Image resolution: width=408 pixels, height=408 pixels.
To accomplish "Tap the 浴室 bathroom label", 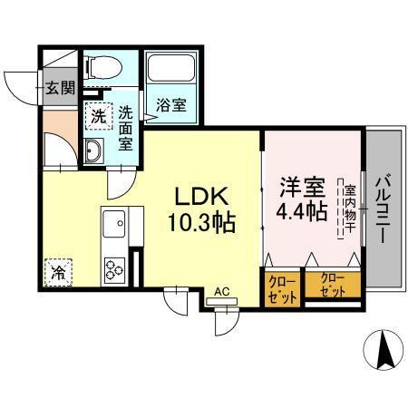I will tap(171, 104).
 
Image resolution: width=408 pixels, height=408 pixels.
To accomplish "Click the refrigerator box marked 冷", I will tap(56, 270).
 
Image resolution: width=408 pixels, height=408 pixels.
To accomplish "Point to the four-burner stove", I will tap(116, 269).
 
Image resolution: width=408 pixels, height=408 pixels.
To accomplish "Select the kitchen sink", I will tap(114, 222).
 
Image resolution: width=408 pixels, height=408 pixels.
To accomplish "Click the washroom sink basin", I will tap(94, 151).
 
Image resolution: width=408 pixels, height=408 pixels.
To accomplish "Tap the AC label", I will tap(221, 292).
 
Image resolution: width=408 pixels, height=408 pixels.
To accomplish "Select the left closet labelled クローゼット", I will tap(282, 287).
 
